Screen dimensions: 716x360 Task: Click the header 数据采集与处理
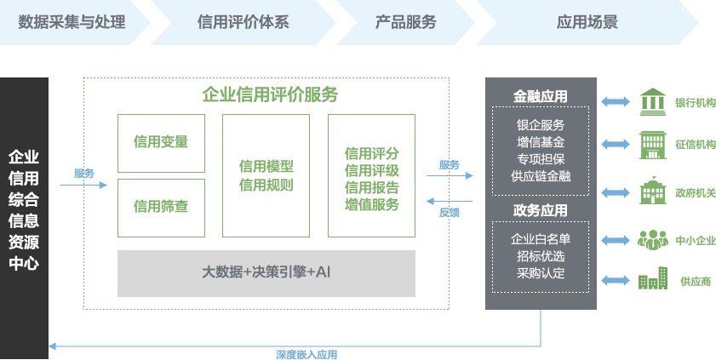[x=72, y=22]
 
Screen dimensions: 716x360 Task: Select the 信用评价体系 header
[x=243, y=22]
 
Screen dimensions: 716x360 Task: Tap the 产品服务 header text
[x=406, y=22]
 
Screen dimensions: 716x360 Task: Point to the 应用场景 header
[x=587, y=22]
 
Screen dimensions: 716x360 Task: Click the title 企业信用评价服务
[x=271, y=95]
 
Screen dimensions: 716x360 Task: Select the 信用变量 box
[x=161, y=143]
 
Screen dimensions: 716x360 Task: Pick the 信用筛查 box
[x=161, y=208]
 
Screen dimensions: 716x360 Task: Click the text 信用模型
[x=266, y=166]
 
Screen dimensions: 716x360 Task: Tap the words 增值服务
[x=372, y=204]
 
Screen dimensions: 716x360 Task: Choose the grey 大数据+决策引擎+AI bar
[x=266, y=273]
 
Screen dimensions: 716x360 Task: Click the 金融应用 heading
[x=541, y=96]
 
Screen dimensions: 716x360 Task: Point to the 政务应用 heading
[x=541, y=210]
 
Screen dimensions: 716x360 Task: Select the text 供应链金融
[x=541, y=176]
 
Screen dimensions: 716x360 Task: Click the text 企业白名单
[x=541, y=239]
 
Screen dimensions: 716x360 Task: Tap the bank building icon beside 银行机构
[x=652, y=102]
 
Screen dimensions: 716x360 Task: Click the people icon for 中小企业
[x=652, y=239]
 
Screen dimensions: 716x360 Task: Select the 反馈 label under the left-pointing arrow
[x=450, y=213]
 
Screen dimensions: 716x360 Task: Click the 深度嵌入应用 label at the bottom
[x=306, y=355]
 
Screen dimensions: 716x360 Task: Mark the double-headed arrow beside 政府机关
[x=615, y=193]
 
